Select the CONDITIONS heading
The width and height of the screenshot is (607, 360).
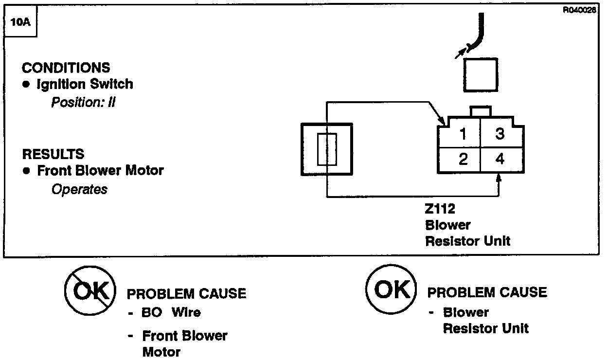pos(66,68)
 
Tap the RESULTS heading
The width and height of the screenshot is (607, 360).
pos(53,154)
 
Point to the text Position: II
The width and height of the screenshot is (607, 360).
pos(84,103)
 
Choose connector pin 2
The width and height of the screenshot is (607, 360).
pos(463,159)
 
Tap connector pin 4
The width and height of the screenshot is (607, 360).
pos(500,159)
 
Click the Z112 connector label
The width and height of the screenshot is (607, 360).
pos(440,209)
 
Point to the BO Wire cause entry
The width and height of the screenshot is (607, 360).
pos(170,312)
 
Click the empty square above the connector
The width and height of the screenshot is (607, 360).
pos(480,74)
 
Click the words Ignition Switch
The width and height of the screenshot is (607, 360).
pos(85,84)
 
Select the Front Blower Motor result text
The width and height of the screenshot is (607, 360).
pos(100,171)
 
